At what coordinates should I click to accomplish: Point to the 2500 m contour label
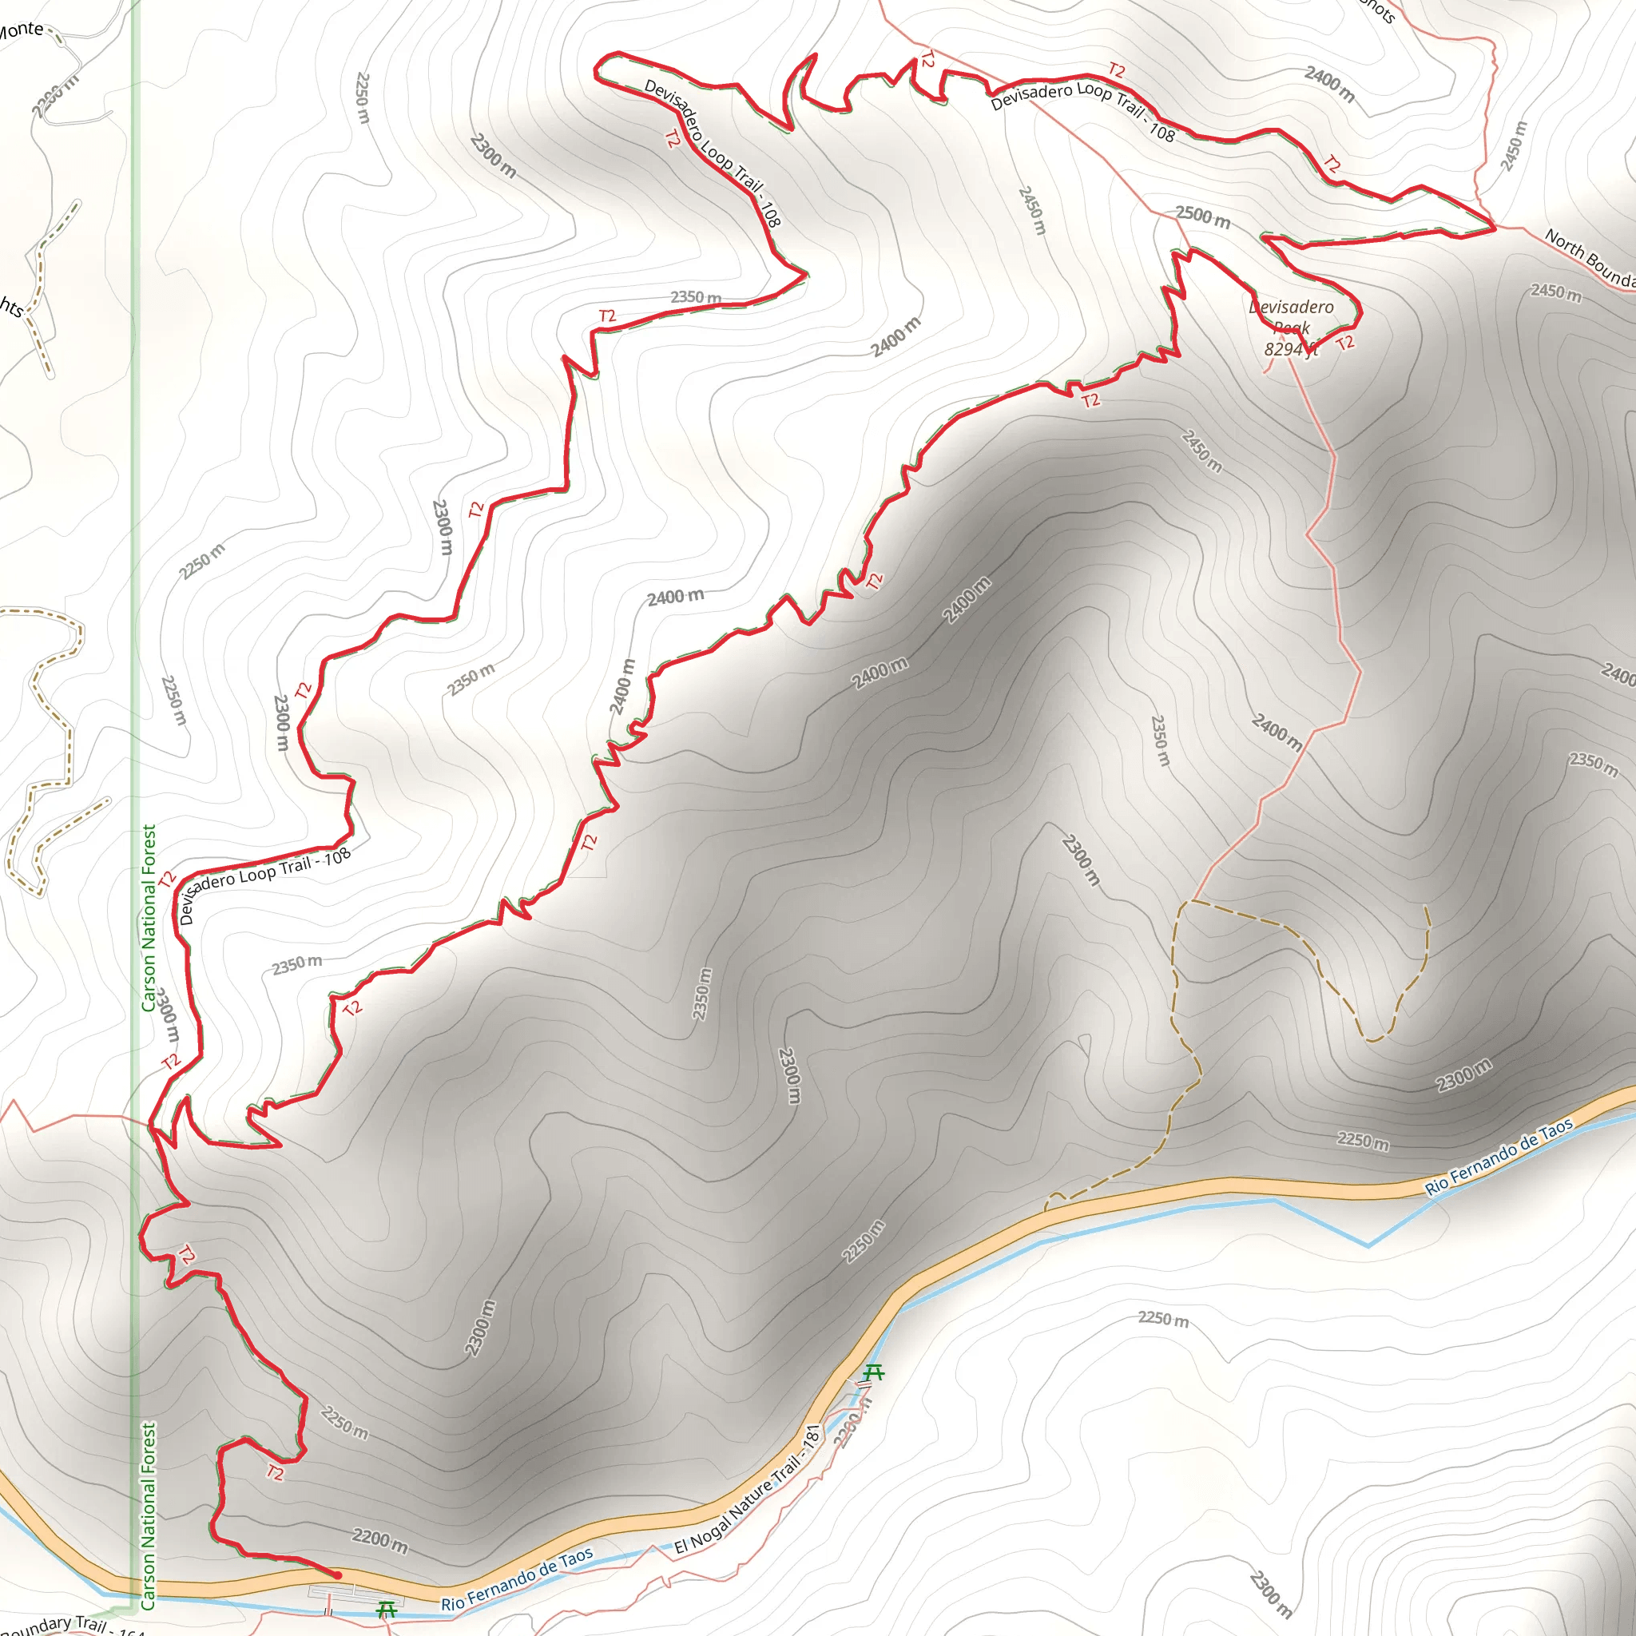(x=1202, y=216)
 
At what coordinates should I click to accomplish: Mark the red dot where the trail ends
(x=337, y=1575)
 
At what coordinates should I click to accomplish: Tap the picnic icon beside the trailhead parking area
(x=386, y=1607)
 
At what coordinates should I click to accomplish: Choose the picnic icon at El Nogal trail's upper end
(x=873, y=1372)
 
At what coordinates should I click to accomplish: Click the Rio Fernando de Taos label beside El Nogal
(x=517, y=1578)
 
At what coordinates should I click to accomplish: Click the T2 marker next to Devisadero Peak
(x=1345, y=342)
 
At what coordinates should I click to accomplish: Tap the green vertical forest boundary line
(x=135, y=508)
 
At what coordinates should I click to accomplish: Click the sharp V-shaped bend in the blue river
(x=1368, y=1245)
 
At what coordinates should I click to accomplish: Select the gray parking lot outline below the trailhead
(x=355, y=1595)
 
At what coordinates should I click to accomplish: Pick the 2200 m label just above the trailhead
(x=379, y=1540)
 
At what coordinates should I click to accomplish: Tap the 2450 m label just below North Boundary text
(x=1555, y=293)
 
